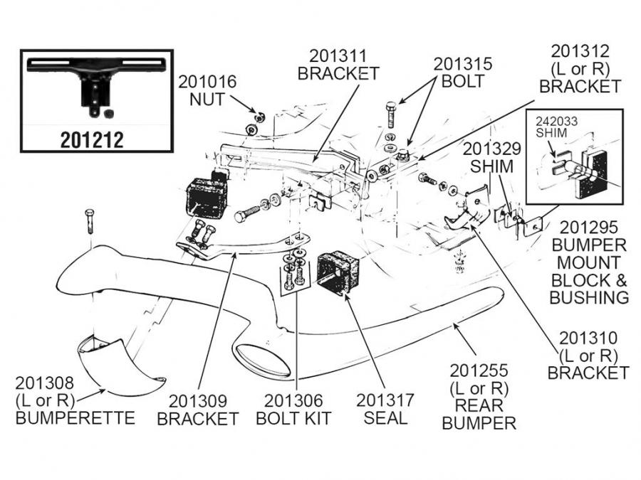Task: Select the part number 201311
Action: pyautogui.click(x=338, y=55)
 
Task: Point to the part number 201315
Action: pyautogui.click(x=462, y=63)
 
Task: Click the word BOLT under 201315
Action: pyautogui.click(x=462, y=80)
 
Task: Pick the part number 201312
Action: pyautogui.click(x=580, y=51)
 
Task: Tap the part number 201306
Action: pyautogui.click(x=294, y=400)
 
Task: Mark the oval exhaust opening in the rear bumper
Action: pyautogui.click(x=264, y=359)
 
